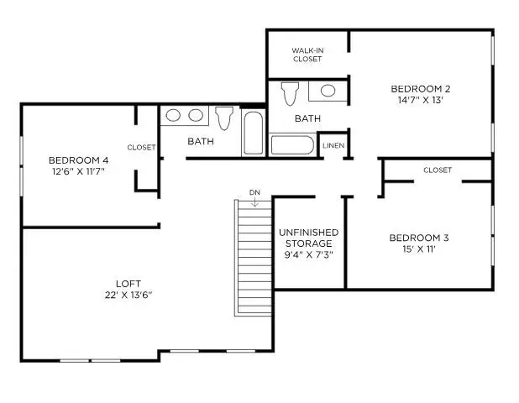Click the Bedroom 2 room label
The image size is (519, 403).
(x=422, y=89)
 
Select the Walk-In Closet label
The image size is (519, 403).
(x=307, y=55)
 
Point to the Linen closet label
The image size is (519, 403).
(x=332, y=146)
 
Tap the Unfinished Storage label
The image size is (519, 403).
(x=308, y=238)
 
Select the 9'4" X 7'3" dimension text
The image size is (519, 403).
(x=308, y=255)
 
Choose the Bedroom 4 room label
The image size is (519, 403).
(x=78, y=160)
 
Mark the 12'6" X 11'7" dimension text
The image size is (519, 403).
(x=78, y=172)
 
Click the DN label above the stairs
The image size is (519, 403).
(x=254, y=193)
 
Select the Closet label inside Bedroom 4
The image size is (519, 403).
(x=141, y=148)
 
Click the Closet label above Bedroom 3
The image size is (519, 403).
(x=438, y=170)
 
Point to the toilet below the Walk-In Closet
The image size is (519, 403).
(x=289, y=92)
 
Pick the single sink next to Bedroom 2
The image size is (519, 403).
(x=328, y=90)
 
